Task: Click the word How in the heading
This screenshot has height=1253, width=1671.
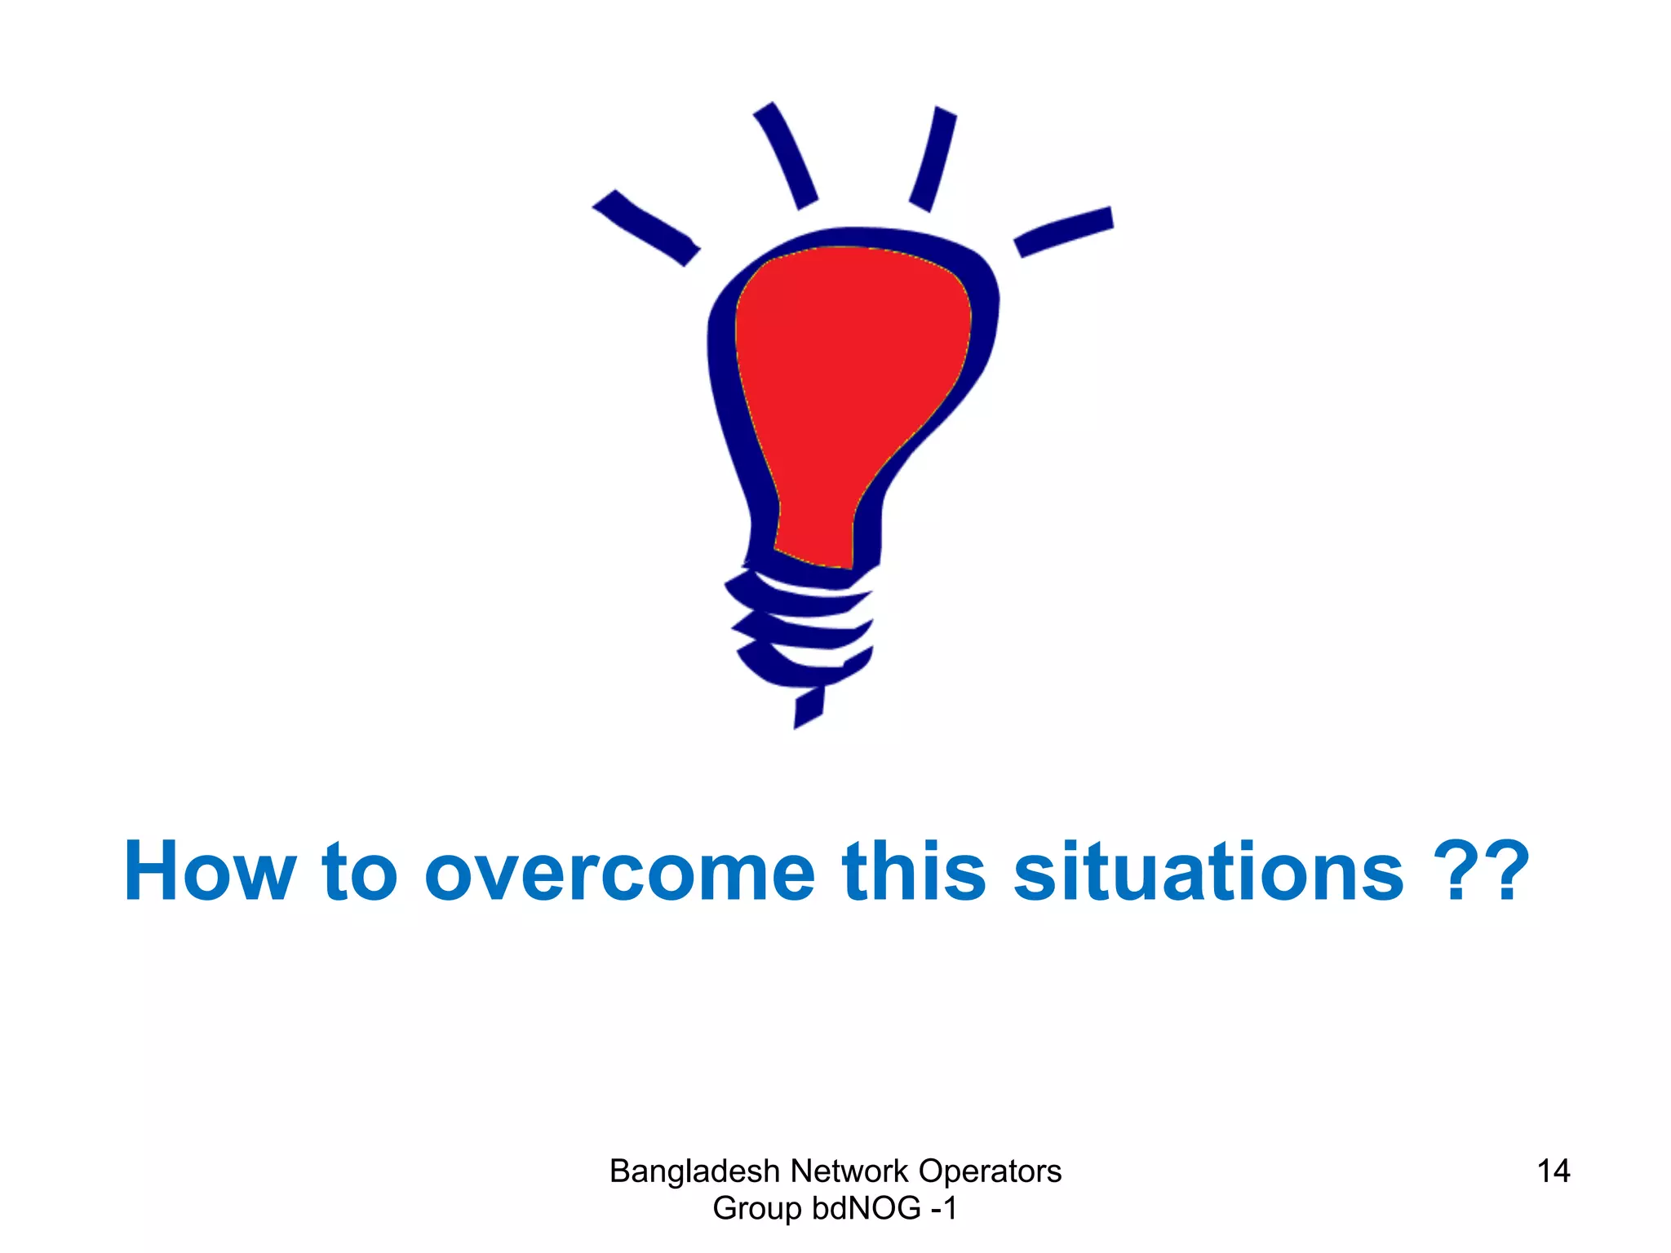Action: (x=209, y=873)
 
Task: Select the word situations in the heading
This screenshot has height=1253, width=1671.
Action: (x=1208, y=873)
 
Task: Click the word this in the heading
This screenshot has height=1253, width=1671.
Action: (x=914, y=873)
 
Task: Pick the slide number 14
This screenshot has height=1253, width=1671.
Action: (x=1553, y=1171)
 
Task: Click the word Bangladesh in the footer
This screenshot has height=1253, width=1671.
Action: (x=694, y=1172)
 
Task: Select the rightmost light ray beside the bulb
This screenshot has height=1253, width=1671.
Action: (x=1064, y=231)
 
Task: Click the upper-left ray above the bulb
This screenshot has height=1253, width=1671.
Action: (x=785, y=155)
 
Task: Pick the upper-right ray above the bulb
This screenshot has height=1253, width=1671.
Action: (x=933, y=158)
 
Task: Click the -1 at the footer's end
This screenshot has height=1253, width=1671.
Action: (x=944, y=1209)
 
